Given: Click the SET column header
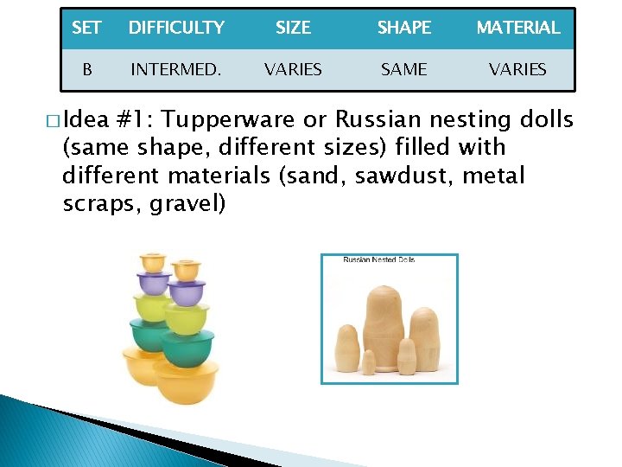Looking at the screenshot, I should pyautogui.click(x=86, y=28).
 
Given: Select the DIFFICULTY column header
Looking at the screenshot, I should pyautogui.click(x=176, y=28).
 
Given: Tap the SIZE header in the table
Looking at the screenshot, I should pyautogui.click(x=293, y=28).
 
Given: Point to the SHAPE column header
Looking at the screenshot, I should pyautogui.click(x=403, y=28).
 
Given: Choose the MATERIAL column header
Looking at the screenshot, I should pyautogui.click(x=517, y=28).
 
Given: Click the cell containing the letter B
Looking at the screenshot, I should pyautogui.click(x=86, y=69).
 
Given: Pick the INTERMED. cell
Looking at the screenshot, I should pyautogui.click(x=175, y=69).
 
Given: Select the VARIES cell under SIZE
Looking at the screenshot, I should pyautogui.click(x=293, y=69).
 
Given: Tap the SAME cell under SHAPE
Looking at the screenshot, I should pyautogui.click(x=403, y=69).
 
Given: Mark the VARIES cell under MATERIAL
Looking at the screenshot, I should pyautogui.click(x=517, y=69).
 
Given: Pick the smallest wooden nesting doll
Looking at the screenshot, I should pyautogui.click(x=369, y=363).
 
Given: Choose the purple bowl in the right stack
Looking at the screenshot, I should pyautogui.click(x=186, y=291).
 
